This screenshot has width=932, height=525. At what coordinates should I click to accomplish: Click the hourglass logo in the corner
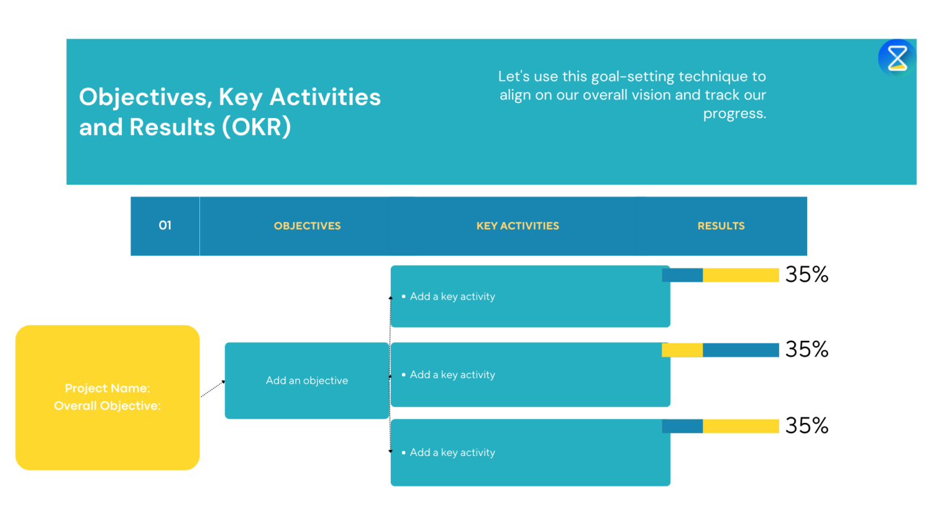897,58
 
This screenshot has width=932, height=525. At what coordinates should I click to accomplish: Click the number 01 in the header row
165,225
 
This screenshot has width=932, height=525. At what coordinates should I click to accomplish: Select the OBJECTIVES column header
307,226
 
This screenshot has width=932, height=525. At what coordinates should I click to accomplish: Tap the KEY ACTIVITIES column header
518,226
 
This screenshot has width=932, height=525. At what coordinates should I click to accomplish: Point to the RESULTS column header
721,226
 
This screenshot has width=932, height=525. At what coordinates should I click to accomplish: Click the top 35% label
806,274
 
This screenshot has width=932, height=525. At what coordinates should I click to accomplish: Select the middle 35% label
806,350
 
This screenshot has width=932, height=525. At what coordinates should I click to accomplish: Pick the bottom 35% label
806,425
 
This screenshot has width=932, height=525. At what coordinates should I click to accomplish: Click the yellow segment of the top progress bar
741,275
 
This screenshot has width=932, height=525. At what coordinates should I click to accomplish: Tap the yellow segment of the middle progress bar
682,350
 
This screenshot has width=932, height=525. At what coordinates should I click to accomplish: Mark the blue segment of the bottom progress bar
682,426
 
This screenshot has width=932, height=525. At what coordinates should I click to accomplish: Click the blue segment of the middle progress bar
741,350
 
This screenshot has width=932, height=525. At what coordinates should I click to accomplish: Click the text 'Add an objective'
307,381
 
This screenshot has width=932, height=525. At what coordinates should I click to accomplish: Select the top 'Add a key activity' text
452,297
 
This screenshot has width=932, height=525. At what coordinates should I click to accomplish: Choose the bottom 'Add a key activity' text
452,453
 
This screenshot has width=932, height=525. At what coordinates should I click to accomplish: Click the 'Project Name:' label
107,388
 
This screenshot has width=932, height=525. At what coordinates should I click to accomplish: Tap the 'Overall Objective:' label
107,406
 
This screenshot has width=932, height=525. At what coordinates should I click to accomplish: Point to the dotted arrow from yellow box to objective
212,389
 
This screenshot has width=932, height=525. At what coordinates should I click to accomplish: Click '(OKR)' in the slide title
257,127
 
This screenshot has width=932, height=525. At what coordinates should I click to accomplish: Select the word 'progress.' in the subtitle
734,114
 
